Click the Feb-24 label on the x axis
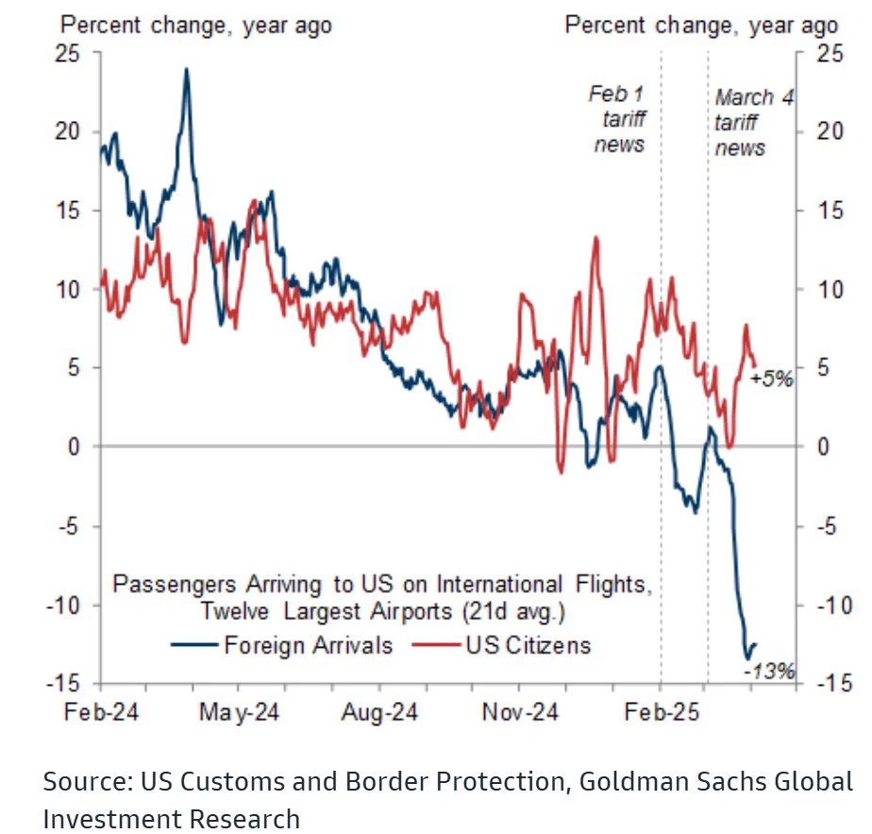pos(101,712)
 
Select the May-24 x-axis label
pos(239,712)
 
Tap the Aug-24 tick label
pos(379,712)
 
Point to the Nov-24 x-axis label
pos(520,712)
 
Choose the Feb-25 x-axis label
pos(662,712)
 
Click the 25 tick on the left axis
pos(67,54)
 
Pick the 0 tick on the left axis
pos(74,447)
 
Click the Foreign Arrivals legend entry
pos(282,645)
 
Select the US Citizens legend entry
pos(501,645)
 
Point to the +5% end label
pos(771,379)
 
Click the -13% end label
pos(769,672)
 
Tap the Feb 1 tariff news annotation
pos(617,119)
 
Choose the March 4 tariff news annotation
pos(753,123)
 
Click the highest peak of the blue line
pos(186,69)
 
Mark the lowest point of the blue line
pos(748,659)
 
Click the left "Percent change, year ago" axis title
pos(195,26)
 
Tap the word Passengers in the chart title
pos(175,585)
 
